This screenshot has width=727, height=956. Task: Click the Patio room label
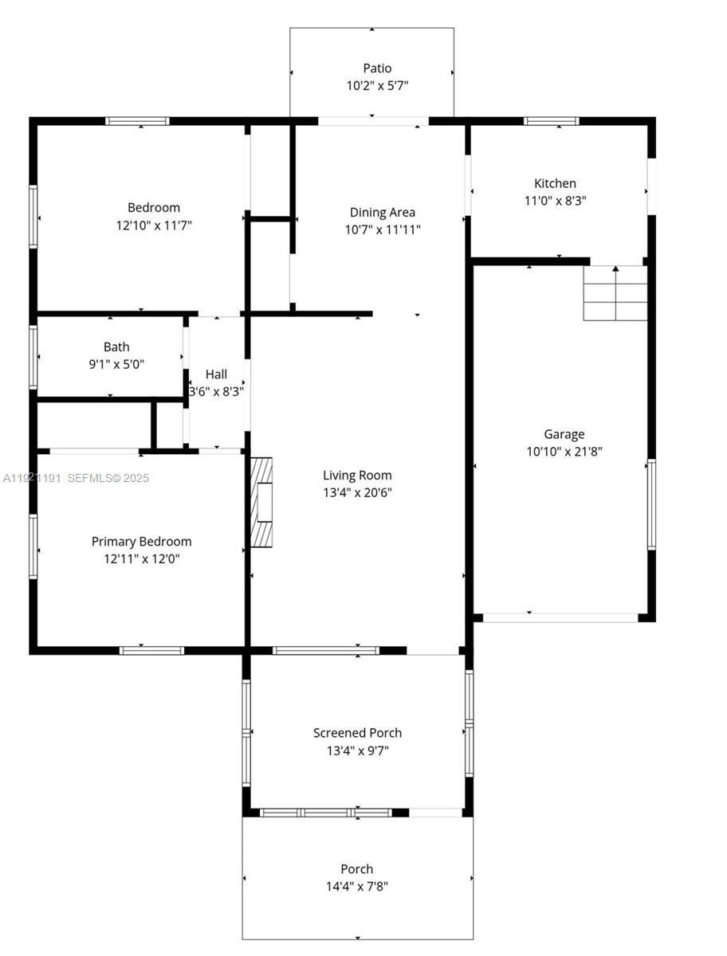(x=377, y=69)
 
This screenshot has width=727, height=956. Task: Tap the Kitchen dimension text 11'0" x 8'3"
(x=555, y=201)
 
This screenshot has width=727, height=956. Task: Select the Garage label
(x=564, y=434)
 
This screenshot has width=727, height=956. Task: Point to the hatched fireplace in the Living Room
(x=261, y=502)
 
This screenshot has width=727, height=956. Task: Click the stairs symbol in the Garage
(x=615, y=293)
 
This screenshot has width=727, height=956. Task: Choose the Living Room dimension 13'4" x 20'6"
(x=357, y=492)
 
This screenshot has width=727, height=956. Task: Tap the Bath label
(x=116, y=347)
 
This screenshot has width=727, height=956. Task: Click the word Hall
(x=216, y=374)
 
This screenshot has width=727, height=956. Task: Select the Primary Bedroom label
(x=141, y=541)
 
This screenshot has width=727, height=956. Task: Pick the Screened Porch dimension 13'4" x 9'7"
(x=357, y=750)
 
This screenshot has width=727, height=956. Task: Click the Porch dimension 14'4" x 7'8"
(x=357, y=886)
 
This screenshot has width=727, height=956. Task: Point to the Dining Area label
(x=383, y=212)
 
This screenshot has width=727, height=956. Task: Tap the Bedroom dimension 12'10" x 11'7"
(x=154, y=225)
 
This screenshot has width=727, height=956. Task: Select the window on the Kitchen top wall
(x=551, y=121)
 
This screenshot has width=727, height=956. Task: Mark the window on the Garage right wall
(x=651, y=504)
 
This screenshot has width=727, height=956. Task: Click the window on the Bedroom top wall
(x=137, y=121)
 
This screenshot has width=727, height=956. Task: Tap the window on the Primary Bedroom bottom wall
(x=151, y=651)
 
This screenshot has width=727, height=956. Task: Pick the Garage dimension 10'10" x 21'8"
(x=564, y=452)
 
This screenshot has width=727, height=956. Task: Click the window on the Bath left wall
(x=33, y=356)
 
